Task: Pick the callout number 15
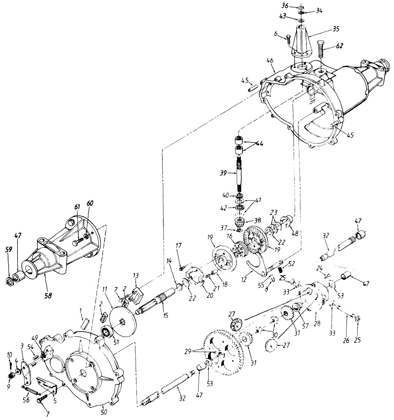coord(166,315)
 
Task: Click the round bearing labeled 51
coord(106,331)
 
